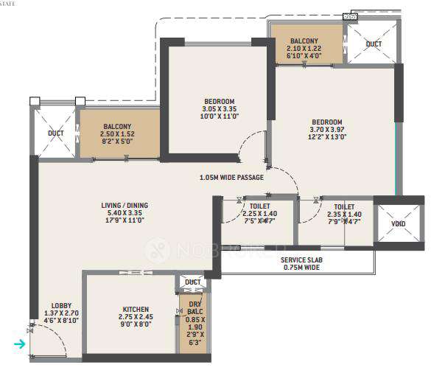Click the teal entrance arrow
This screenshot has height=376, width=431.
(x=20, y=344)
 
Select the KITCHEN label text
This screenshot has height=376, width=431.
(x=136, y=309)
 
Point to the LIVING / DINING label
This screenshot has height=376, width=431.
(x=122, y=205)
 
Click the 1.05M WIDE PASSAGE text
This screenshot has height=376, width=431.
(x=231, y=177)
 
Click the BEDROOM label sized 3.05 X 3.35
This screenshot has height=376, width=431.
(x=220, y=101)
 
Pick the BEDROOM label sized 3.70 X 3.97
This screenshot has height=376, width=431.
(x=326, y=122)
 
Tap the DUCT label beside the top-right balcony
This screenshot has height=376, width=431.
(x=374, y=44)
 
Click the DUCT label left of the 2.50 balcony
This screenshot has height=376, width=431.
(x=56, y=133)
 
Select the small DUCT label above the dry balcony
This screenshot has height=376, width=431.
(x=193, y=282)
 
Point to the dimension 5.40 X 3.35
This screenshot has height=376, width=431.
(x=122, y=214)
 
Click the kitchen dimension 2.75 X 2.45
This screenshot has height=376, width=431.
(x=136, y=318)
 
